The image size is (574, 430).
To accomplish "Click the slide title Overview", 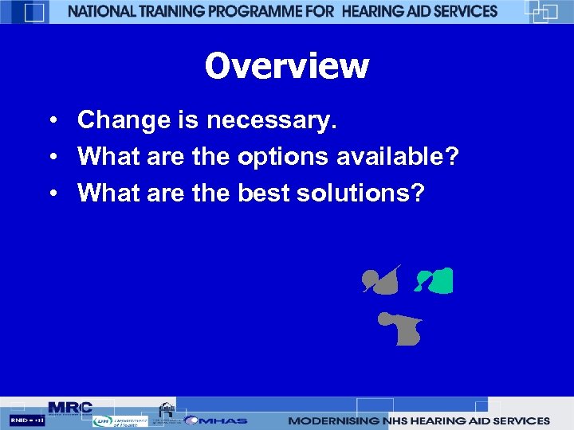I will [287, 65].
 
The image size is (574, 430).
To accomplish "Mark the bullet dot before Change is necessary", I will [50, 121].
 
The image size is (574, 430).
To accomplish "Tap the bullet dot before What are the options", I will [50, 157].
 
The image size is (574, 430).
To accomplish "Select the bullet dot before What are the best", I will [50, 193].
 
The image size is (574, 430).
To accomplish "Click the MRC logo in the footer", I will [70, 408].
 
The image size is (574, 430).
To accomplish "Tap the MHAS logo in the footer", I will [217, 420].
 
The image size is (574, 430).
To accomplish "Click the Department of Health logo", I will [120, 421].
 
